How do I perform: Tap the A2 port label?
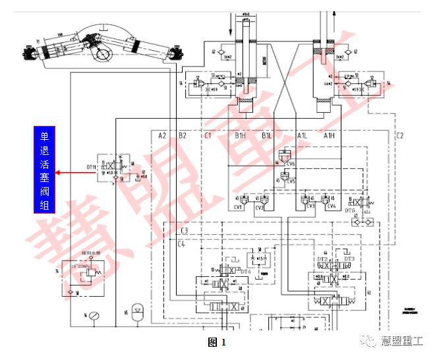[x=162, y=136]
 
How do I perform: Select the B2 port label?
[x=183, y=136]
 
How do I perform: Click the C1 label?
[x=208, y=136]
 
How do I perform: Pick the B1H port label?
[x=240, y=136]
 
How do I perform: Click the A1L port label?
[x=302, y=136]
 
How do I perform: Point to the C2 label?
[x=400, y=136]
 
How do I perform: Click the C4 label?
[x=181, y=244]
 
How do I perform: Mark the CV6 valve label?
[x=291, y=164]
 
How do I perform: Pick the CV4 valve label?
[x=330, y=206]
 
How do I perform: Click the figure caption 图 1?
[x=217, y=342]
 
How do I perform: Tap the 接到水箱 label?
[x=89, y=252]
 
